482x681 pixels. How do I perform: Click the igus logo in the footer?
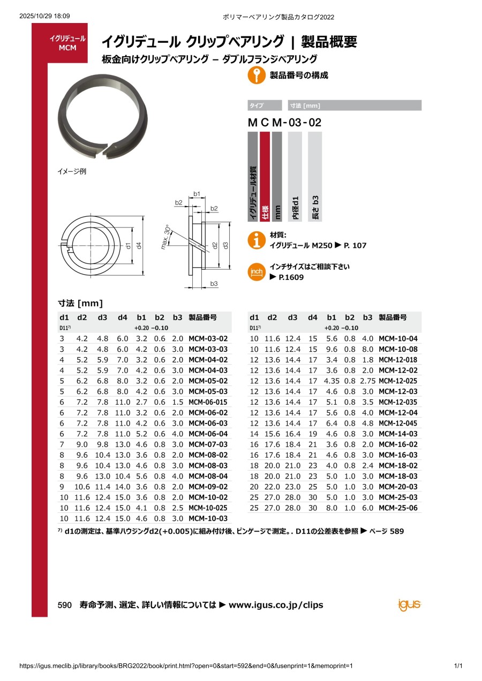click(x=409, y=604)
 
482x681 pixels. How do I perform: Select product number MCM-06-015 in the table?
click(x=208, y=402)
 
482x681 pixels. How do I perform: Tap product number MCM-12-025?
click(x=398, y=381)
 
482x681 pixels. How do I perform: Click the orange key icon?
click(x=257, y=75)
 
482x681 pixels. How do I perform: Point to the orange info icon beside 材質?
click(x=257, y=240)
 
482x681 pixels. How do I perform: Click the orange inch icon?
click(x=257, y=272)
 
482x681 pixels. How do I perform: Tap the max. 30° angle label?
click(x=166, y=237)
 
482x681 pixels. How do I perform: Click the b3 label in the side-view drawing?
click(x=214, y=283)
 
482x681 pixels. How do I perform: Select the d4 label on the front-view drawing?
click(x=139, y=245)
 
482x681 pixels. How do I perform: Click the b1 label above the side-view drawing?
click(x=197, y=194)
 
